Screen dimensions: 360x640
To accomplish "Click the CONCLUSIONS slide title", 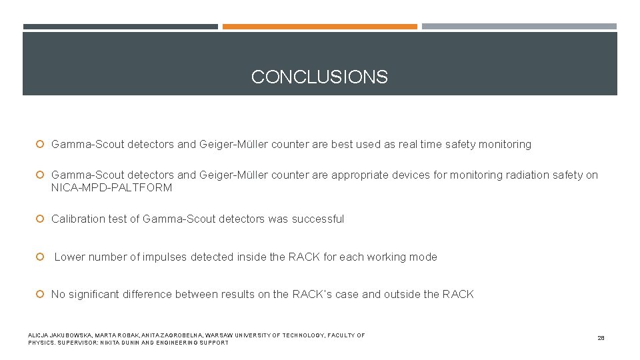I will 319,77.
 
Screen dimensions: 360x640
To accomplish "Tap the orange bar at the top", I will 319,27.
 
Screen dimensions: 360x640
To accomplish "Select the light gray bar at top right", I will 519,27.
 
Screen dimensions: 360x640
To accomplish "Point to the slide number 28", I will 601,339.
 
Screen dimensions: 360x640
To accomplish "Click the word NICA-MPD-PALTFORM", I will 111,188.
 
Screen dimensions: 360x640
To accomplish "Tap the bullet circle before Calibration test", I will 40,219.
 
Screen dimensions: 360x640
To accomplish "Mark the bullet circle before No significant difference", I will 40,294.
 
